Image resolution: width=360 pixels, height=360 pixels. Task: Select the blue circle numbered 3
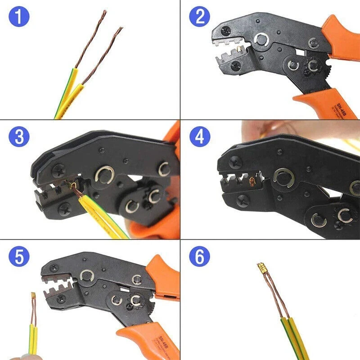[x=18, y=137]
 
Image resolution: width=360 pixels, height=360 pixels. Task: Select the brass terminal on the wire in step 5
[x=33, y=297]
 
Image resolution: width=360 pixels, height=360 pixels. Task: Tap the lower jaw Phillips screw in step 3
[x=66, y=208]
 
